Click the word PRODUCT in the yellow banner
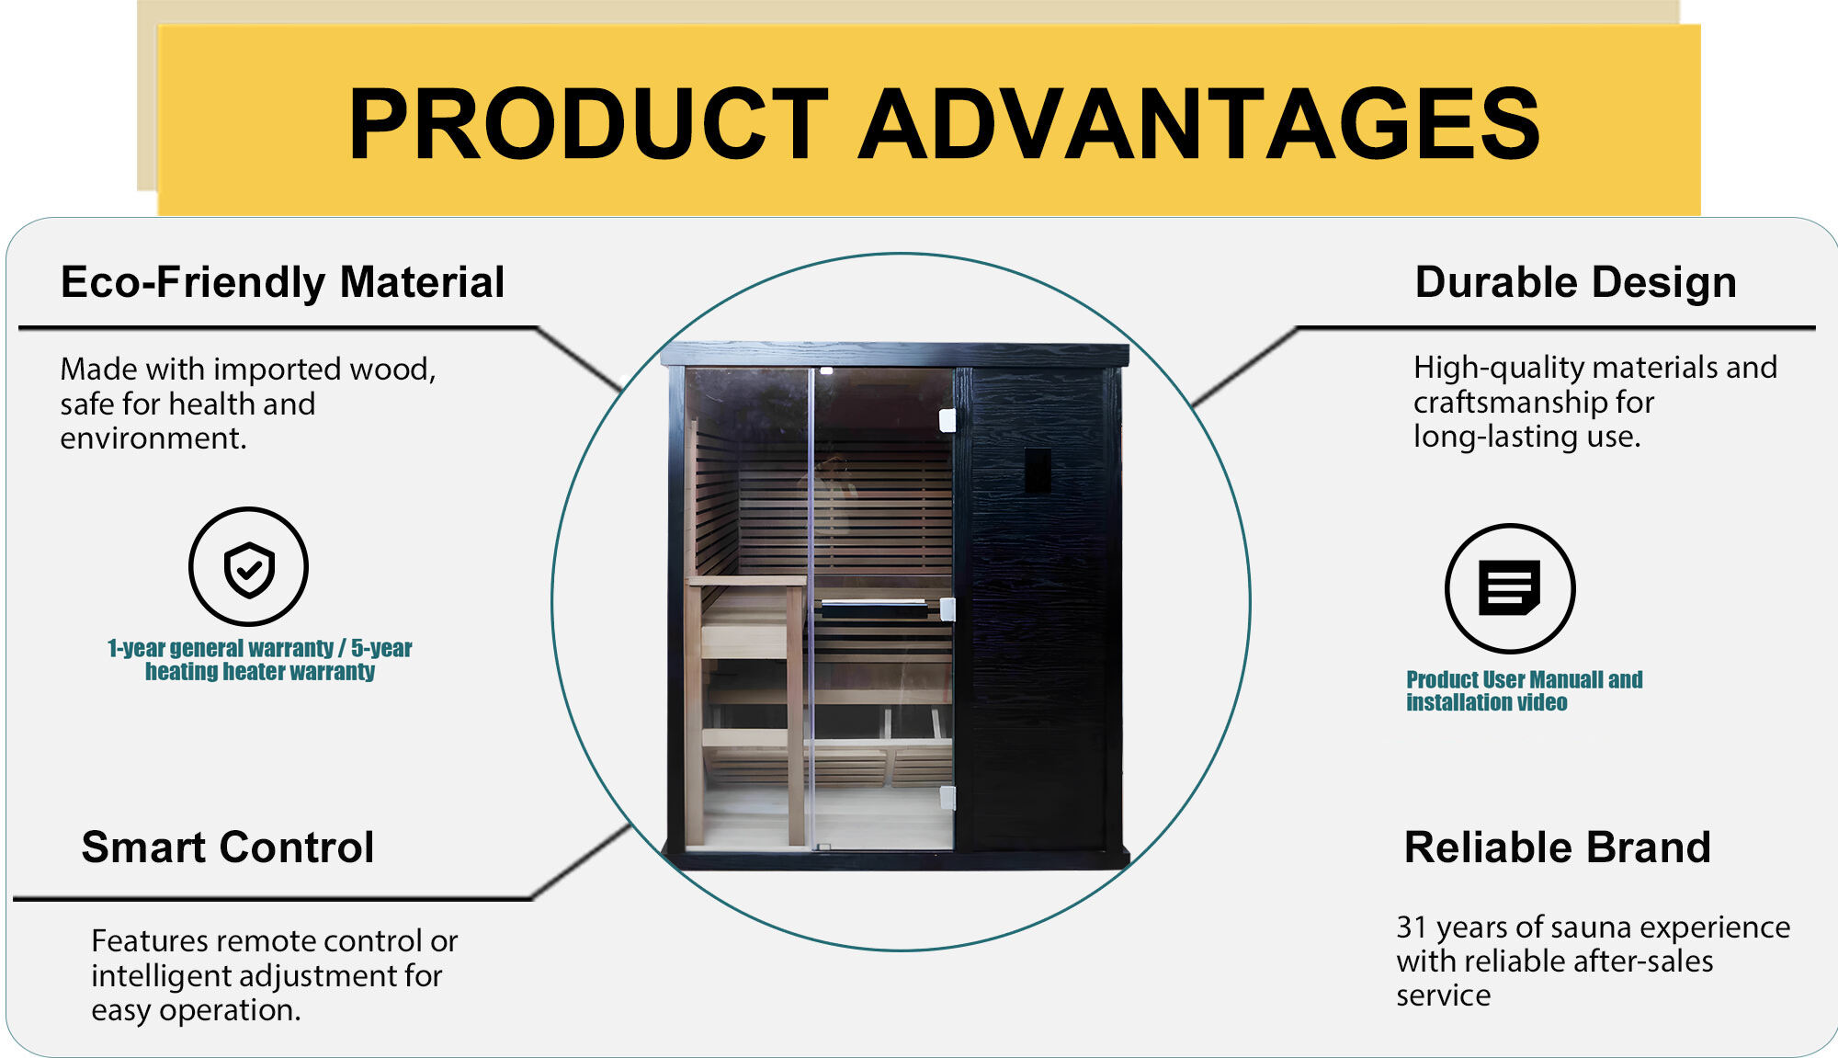[x=588, y=124]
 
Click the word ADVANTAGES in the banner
[x=1199, y=124]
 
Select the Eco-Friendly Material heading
[x=282, y=282]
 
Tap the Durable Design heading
[x=1575, y=282]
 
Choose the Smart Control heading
[x=228, y=848]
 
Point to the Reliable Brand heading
[x=1557, y=848]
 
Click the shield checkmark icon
[x=249, y=568]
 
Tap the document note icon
[x=1509, y=588]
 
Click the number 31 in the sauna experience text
[x=1411, y=927]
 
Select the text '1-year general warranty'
[x=221, y=649]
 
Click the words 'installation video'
[x=1486, y=703]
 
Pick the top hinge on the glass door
[x=947, y=420]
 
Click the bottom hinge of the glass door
[x=947, y=797]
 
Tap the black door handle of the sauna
[x=875, y=608]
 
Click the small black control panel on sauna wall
[x=1038, y=471]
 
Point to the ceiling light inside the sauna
[x=826, y=371]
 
